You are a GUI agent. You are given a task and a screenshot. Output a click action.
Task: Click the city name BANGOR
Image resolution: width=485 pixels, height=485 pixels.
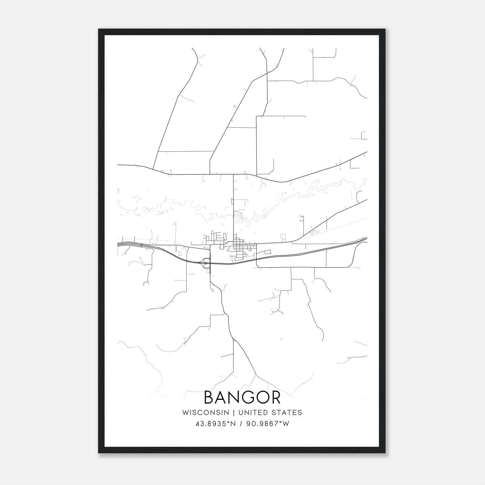tap(242, 397)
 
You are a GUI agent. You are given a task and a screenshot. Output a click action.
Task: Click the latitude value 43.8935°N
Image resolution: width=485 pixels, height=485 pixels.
tap(216, 424)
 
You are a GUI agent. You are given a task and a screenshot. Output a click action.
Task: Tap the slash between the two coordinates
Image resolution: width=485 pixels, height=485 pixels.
tap(240, 424)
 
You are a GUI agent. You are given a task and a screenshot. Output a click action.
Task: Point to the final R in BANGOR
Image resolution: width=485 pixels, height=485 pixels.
tap(275, 397)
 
